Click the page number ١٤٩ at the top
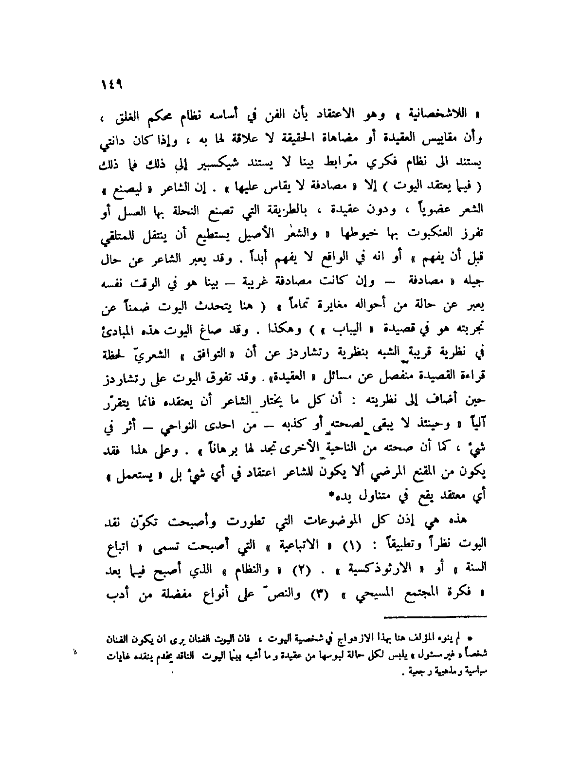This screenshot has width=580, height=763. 112,83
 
